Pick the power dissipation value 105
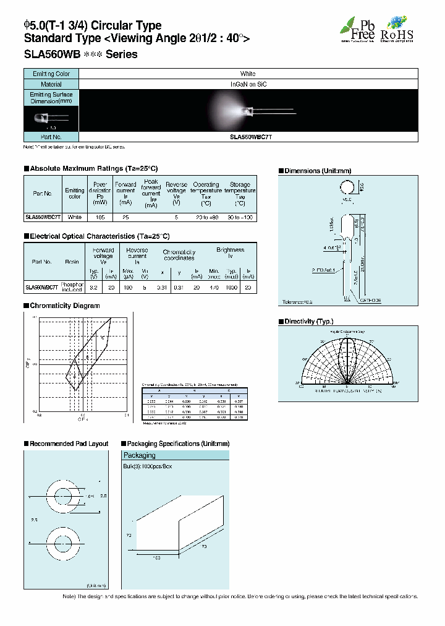click(100, 217)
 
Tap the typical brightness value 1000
click(231, 286)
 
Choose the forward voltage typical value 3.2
click(95, 286)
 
